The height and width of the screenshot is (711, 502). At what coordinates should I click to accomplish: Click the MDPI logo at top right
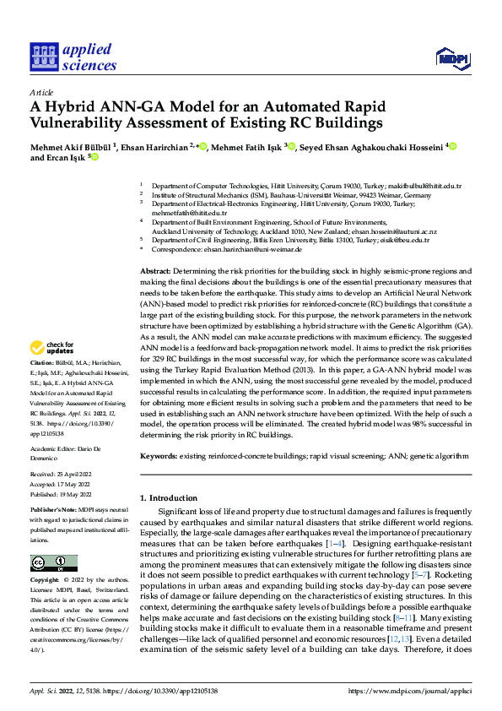[451, 57]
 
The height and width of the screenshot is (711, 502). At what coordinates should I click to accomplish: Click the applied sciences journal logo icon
[43, 57]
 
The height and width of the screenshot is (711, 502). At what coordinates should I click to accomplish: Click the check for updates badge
[53, 348]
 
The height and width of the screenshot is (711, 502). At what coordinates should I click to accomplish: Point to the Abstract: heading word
[155, 269]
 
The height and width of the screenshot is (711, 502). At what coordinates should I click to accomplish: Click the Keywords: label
[158, 455]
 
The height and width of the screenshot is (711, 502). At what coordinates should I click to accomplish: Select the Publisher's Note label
[56, 511]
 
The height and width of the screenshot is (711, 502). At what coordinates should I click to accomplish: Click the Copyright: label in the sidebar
[46, 581]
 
